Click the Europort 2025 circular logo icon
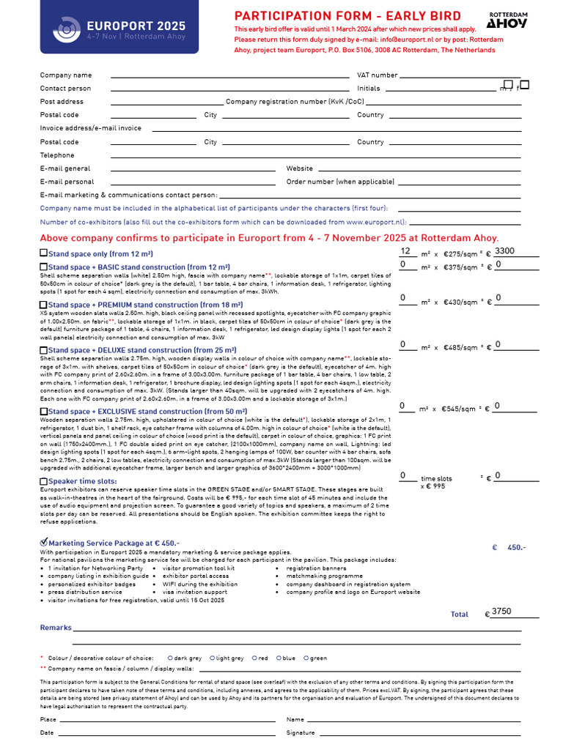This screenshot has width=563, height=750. [68, 28]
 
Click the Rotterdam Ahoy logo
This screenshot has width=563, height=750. [507, 20]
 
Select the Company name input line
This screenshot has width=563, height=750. [229, 75]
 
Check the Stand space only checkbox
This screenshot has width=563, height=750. [43, 253]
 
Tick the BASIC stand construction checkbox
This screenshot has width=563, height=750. [43, 267]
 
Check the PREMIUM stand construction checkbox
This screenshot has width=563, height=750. [43, 305]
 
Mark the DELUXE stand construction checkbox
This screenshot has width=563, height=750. [43, 351]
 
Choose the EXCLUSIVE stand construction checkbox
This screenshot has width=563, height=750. [43, 412]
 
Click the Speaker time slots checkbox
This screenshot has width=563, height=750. [43, 481]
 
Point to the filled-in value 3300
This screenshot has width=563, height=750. [504, 251]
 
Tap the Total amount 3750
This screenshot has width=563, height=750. [502, 611]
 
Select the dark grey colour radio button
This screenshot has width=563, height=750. [171, 658]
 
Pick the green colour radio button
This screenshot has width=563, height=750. [306, 658]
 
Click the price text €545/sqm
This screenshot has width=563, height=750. [459, 409]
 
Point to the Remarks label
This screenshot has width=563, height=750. [56, 628]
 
